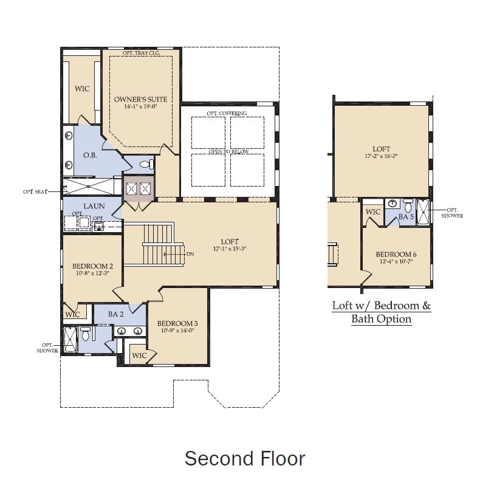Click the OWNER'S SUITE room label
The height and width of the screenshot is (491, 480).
click(140, 99)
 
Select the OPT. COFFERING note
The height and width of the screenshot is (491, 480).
click(227, 114)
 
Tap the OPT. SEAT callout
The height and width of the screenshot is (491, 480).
click(36, 191)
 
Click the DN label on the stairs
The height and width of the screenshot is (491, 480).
click(190, 253)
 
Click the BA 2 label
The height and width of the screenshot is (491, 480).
click(116, 314)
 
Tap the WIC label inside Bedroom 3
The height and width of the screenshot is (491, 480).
click(139, 355)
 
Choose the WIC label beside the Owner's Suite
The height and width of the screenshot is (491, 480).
click(82, 89)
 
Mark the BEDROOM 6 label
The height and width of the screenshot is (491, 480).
click(396, 254)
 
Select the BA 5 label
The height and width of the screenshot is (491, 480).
click(405, 217)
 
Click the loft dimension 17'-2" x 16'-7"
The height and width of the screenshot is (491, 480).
click(382, 156)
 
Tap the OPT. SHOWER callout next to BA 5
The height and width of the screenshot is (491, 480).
click(450, 211)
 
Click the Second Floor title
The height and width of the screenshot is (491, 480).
click(244, 458)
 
